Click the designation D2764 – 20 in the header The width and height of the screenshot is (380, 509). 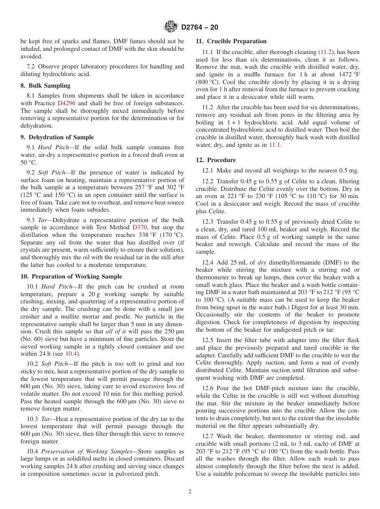pos(200,28)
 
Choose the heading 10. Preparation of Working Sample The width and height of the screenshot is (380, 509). pos(71,277)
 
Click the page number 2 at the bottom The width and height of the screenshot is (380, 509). pos(190,492)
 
